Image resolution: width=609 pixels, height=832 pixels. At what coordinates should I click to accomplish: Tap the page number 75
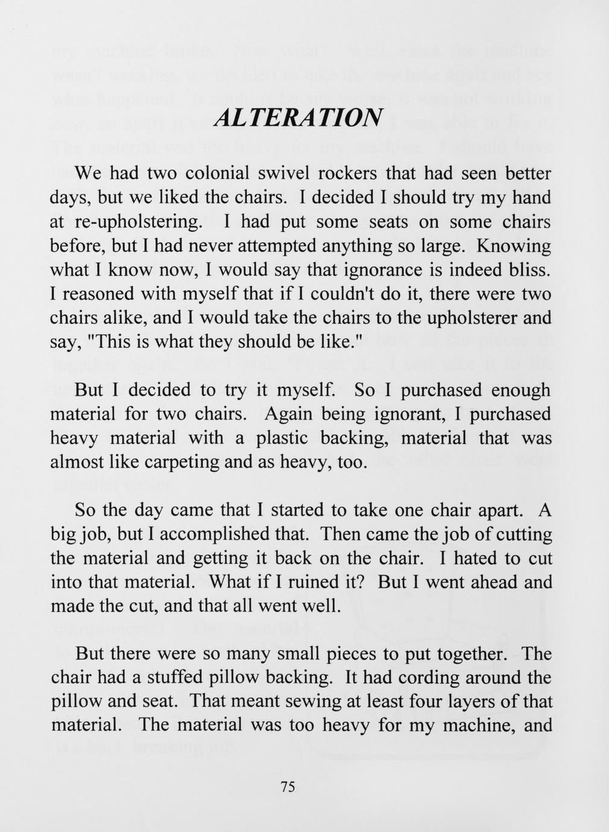287,786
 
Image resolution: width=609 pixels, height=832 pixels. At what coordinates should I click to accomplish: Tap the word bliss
528,269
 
